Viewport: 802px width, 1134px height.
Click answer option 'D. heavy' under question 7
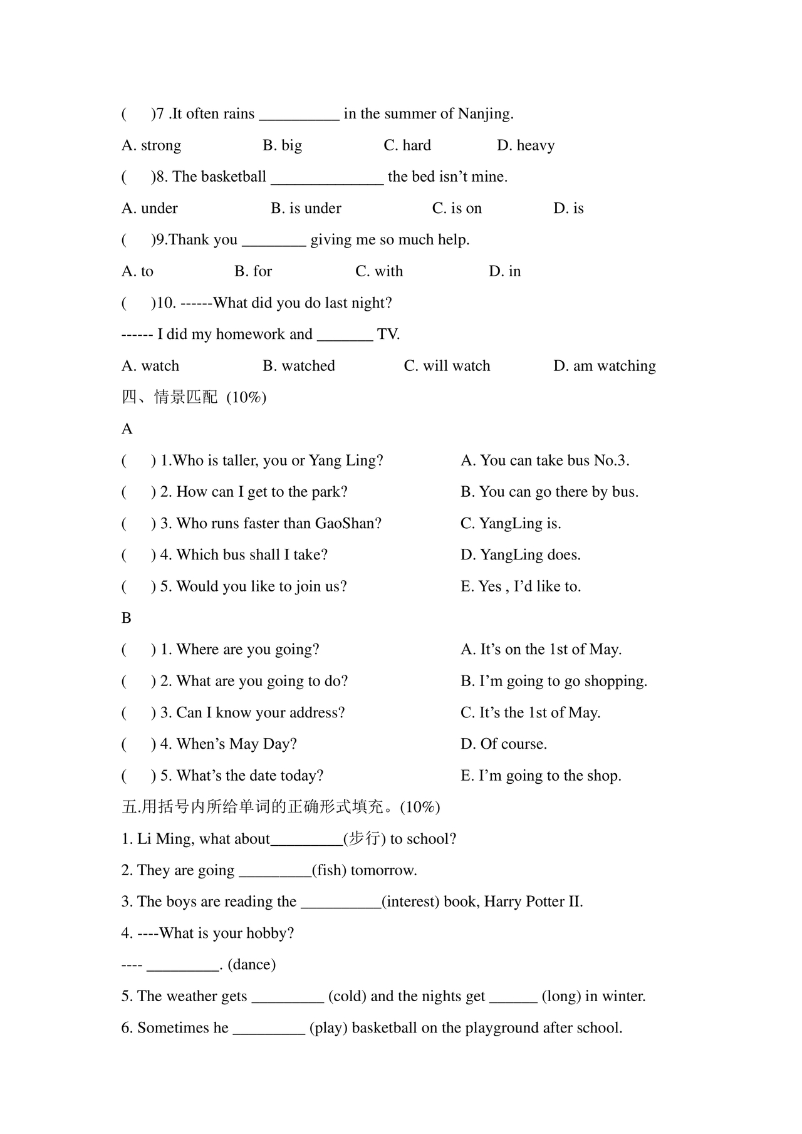[525, 145]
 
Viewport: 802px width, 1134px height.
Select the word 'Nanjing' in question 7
[484, 114]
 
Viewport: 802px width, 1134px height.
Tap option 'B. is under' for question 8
[306, 209]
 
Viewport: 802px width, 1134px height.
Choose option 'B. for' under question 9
[253, 271]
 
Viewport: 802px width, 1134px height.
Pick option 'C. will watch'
[447, 366]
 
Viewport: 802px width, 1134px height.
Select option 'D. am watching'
[604, 366]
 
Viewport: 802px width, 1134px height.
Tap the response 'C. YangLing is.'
[511, 524]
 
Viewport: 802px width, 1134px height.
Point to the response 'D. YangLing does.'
[520, 555]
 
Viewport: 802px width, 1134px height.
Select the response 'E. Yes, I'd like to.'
[520, 586]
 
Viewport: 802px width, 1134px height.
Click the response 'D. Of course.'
[503, 744]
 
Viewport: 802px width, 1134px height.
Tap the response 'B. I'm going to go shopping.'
[553, 681]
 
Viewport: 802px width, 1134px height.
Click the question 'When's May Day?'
[236, 744]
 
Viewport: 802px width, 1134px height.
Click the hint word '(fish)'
[329, 870]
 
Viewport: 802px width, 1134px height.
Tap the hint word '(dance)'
[252, 964]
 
